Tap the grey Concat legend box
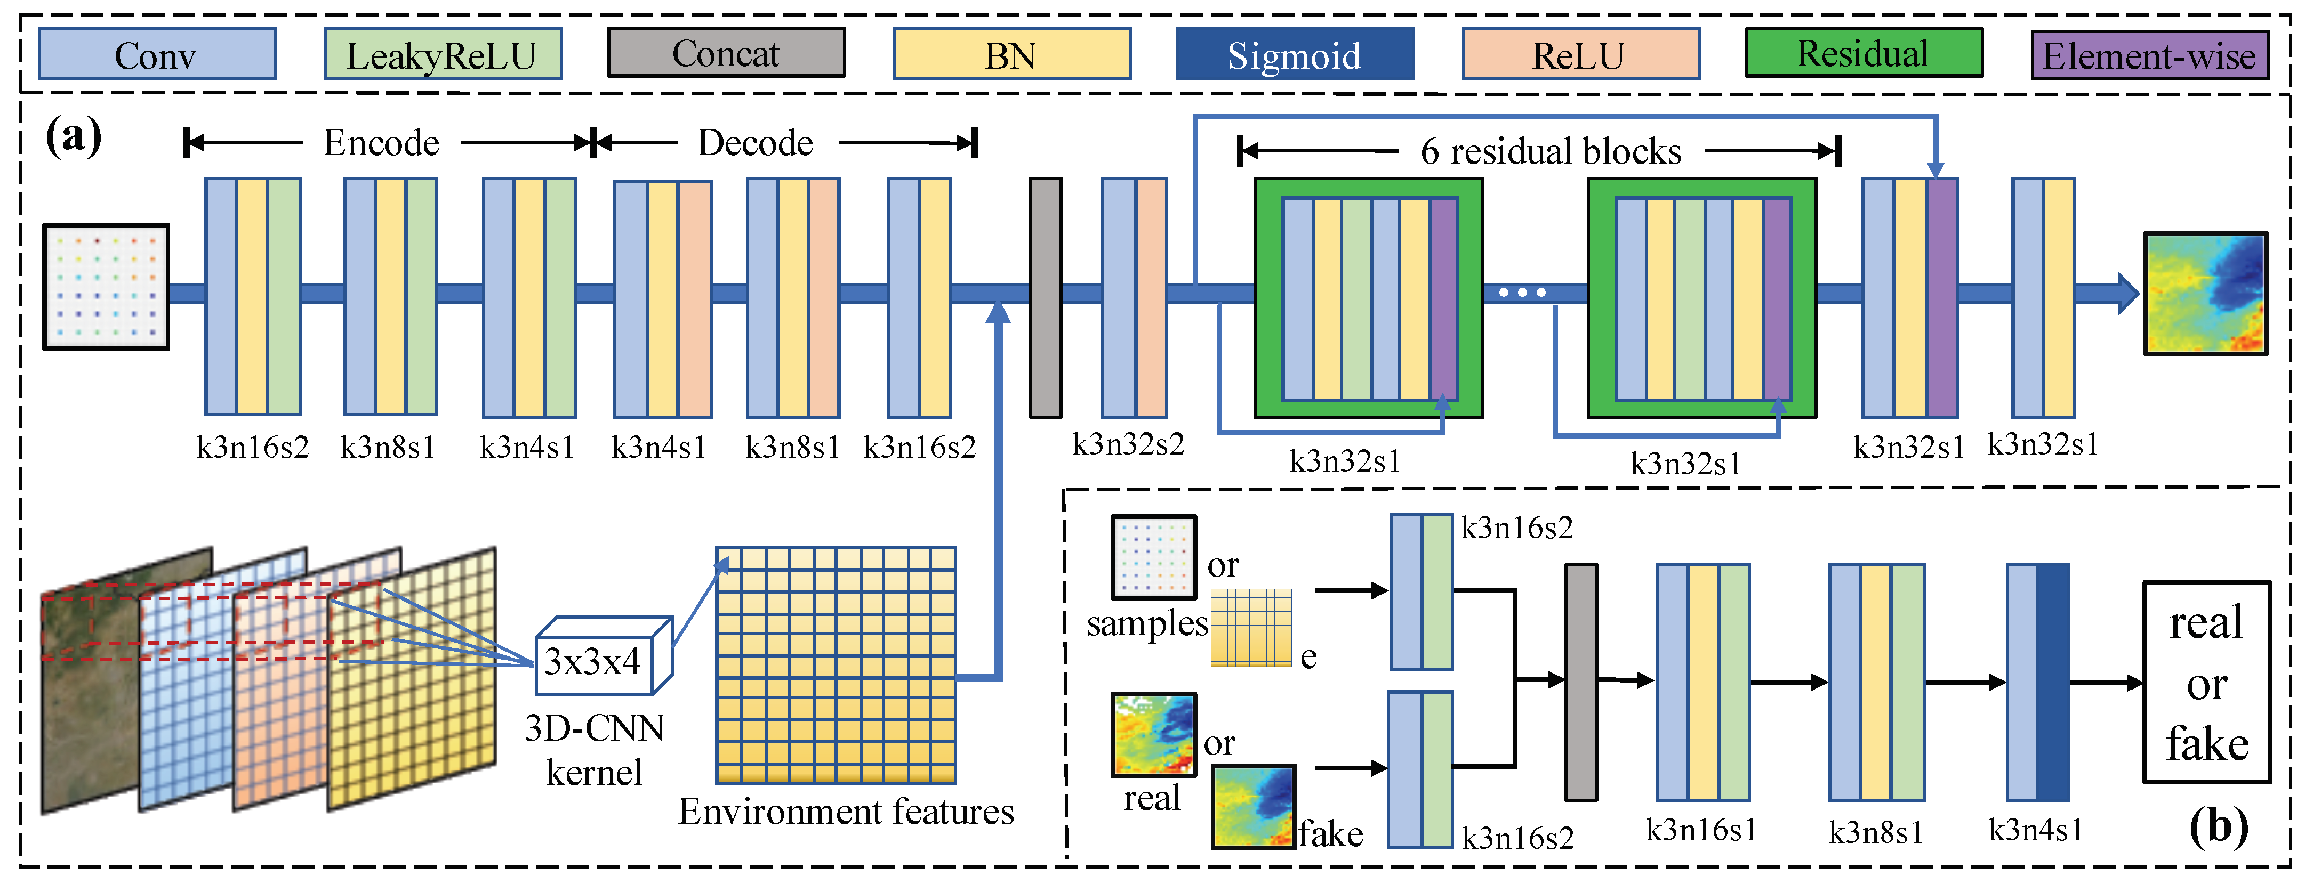(726, 54)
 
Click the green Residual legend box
(1863, 54)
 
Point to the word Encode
(382, 143)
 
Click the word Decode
(755, 143)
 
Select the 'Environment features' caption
(846, 812)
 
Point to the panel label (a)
(74, 136)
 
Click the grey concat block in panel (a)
(1045, 297)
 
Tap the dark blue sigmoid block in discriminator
(2053, 682)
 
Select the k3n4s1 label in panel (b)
(2036, 830)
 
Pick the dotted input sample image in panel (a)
(106, 286)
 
